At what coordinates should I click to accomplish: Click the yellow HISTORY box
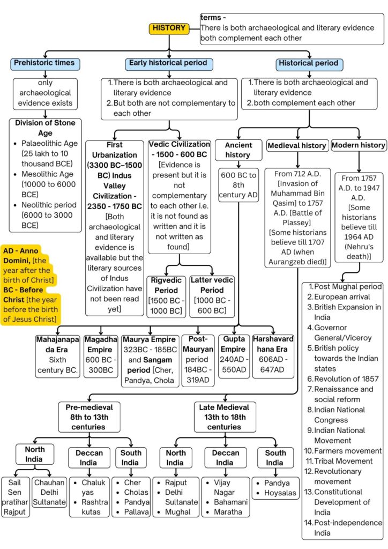click(169, 28)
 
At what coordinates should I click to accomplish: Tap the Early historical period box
click(168, 63)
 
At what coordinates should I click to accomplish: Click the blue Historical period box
click(308, 63)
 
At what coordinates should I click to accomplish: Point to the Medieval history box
click(296, 145)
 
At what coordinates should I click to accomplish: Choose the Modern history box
click(358, 145)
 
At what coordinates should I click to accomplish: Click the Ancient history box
click(237, 150)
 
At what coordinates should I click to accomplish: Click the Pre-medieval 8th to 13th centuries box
click(89, 417)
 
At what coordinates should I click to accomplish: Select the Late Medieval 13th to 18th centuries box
click(224, 417)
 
